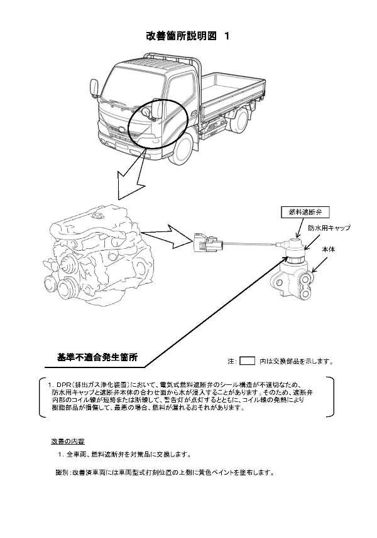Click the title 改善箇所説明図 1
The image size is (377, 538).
(188, 36)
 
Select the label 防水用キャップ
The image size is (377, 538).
(329, 228)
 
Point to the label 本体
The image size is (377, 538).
(328, 250)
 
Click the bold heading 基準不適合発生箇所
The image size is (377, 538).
(97, 357)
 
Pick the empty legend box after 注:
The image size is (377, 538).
(248, 361)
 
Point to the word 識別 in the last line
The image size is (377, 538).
(61, 472)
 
